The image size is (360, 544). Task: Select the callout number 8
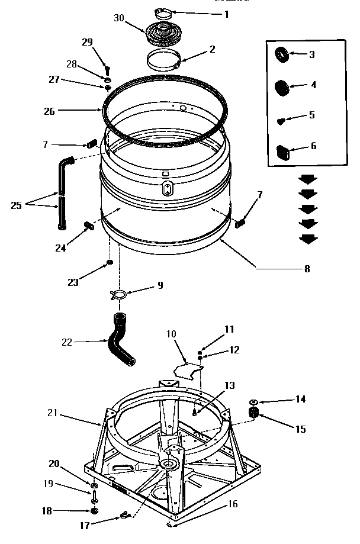click(306, 268)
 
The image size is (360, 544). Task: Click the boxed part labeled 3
click(282, 55)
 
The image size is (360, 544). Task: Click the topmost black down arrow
click(308, 178)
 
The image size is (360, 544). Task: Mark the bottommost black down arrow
click(308, 239)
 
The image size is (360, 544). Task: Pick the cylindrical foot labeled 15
click(255, 412)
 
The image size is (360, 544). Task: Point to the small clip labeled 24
click(90, 225)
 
